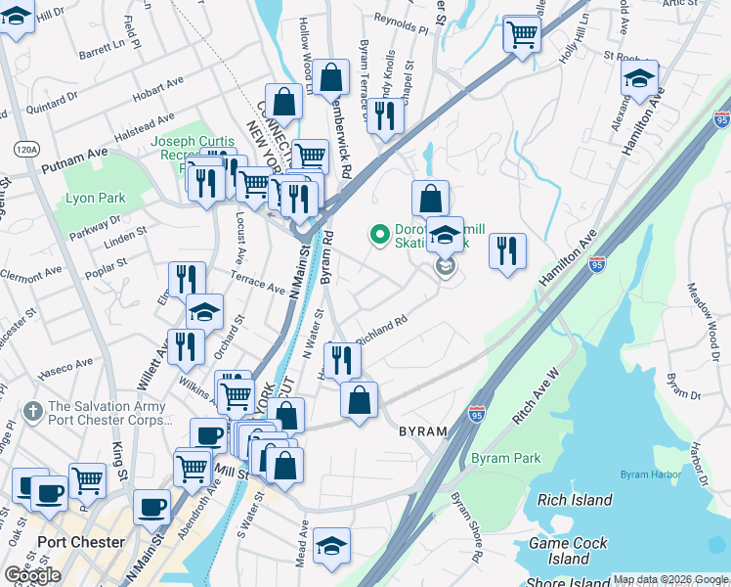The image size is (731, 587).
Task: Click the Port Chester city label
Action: point(81,542)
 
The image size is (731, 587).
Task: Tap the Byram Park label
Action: point(505,458)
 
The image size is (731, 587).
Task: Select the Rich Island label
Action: point(575,500)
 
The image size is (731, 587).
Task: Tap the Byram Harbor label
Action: point(643,475)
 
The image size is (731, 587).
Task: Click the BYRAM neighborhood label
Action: point(421,430)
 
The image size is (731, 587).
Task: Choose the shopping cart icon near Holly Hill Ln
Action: point(522,35)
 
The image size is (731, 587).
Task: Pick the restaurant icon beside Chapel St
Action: point(385,116)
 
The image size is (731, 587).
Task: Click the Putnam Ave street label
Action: point(74,157)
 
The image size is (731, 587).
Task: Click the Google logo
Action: point(32,575)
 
